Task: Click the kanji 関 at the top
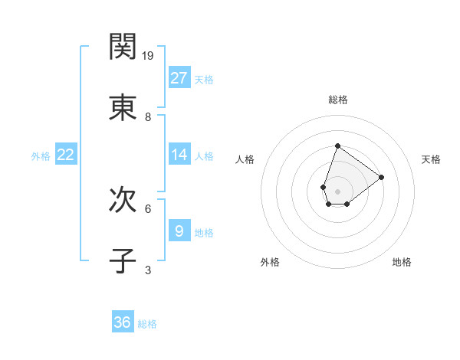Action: pos(123,47)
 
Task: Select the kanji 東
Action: pos(123,108)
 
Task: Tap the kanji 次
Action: pos(123,200)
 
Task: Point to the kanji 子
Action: pos(123,261)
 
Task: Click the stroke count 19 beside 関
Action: pos(149,56)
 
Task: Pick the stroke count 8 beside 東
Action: pos(148,117)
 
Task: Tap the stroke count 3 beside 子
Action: pos(148,270)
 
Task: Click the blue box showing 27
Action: pos(179,77)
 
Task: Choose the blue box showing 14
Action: pos(179,155)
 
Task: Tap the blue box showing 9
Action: pos(179,231)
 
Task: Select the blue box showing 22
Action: pos(66,155)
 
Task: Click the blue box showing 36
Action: pos(123,322)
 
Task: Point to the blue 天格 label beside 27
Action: pos(204,79)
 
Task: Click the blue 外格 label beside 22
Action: pos(41,156)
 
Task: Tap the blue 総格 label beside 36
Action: pos(147,324)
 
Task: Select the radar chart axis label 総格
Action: pos(337,100)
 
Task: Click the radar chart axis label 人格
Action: pos(245,159)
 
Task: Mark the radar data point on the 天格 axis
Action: pos(381,177)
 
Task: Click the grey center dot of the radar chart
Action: pos(337,191)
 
